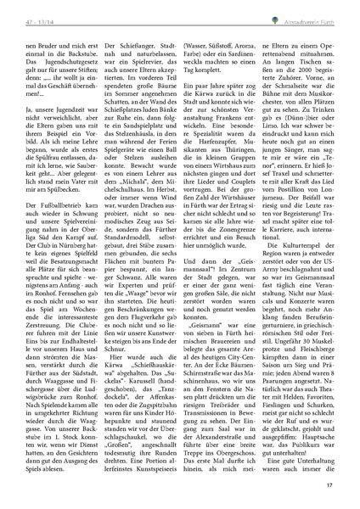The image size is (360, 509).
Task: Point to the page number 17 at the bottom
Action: click(337, 484)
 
